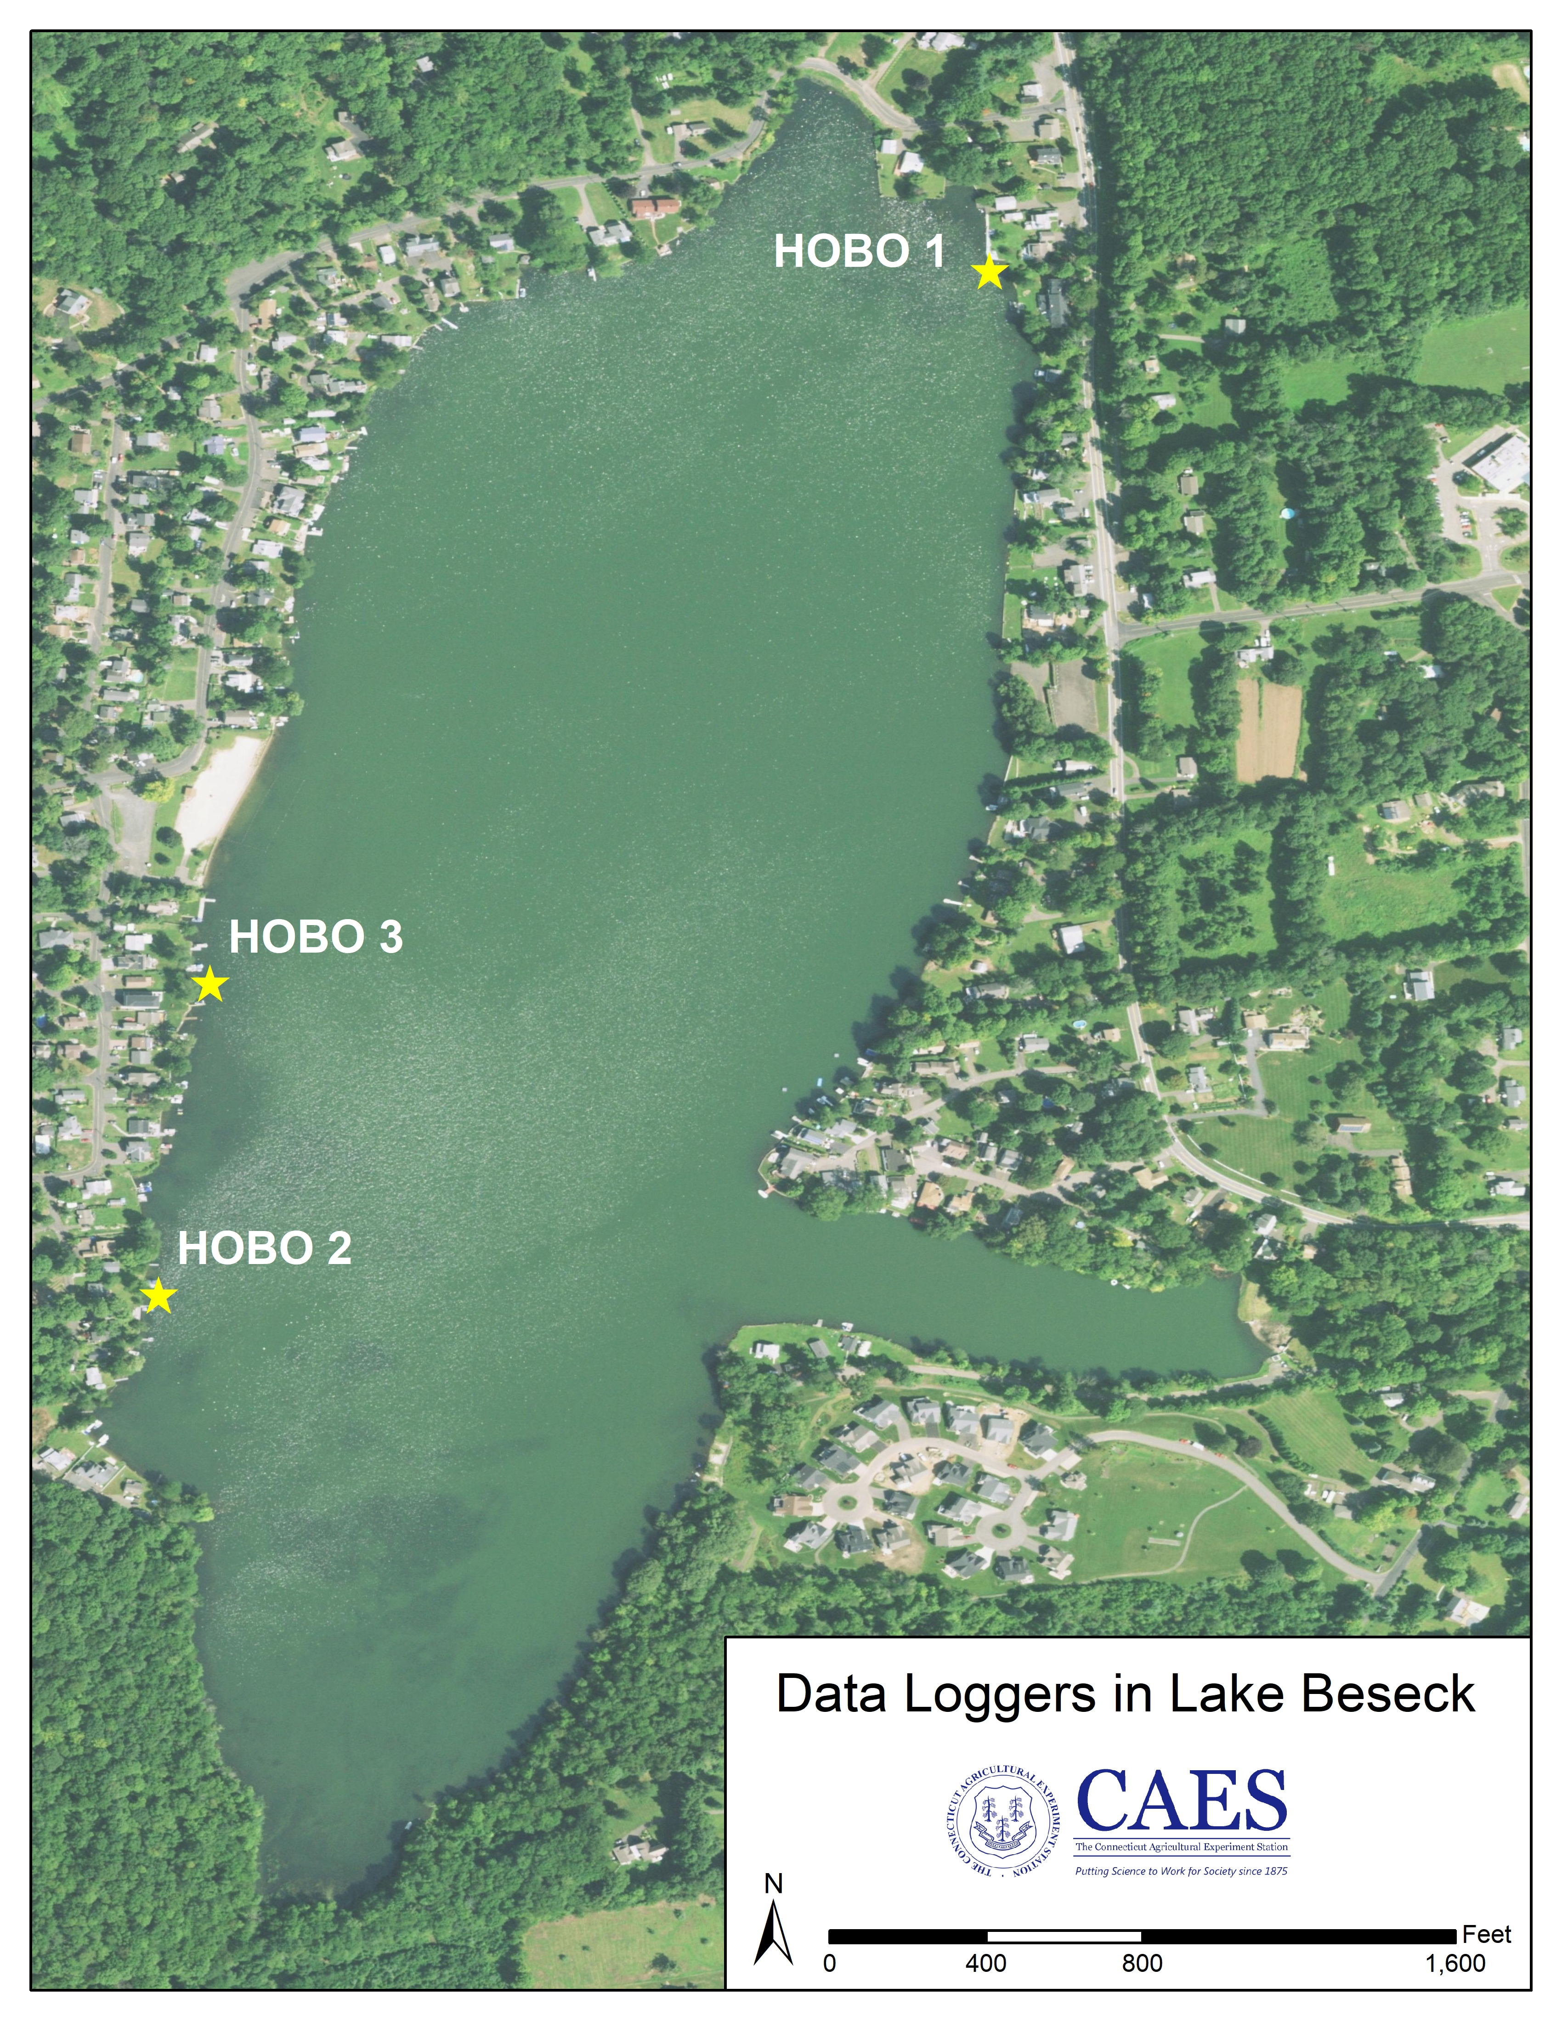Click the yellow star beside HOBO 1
coord(989,272)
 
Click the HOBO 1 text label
coord(859,252)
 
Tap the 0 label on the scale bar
coord(829,1964)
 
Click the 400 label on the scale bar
coord(985,1964)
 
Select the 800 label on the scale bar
coord(1142,1964)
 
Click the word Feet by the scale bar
coord(1486,1934)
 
